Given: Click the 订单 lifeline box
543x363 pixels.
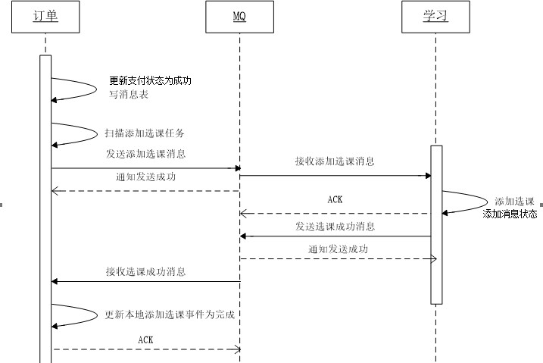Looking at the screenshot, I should coord(45,17).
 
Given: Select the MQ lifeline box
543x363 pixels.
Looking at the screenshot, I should coord(239,17).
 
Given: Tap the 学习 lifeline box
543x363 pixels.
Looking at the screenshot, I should coord(435,17).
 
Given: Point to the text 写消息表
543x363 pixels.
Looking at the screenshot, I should coord(129,95).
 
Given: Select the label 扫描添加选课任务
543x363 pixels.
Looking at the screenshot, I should coord(145,133).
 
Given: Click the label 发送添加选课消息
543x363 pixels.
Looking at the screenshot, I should coord(146,154).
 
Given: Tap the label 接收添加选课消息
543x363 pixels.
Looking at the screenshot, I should coord(335,161).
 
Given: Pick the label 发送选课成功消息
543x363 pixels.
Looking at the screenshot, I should coord(335,227).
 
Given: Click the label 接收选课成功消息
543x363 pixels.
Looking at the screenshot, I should coord(146,271).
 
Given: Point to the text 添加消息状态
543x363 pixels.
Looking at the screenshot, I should coord(510,214).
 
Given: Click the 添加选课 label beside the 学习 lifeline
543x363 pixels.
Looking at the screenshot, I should coord(514,202).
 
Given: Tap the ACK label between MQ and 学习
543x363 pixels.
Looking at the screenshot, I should coord(335,200).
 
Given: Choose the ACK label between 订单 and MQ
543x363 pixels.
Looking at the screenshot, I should coord(146,340).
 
